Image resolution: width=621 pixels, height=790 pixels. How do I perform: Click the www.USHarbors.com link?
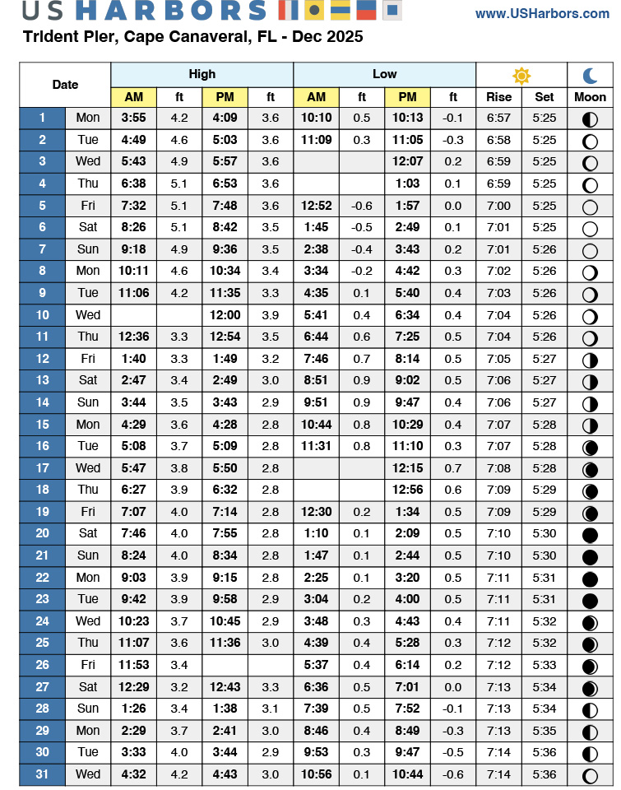pos(542,13)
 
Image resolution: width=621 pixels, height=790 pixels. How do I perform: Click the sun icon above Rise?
pos(521,76)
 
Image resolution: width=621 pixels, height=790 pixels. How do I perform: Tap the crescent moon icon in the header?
pos(591,76)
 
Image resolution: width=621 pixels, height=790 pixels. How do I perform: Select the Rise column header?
pos(498,97)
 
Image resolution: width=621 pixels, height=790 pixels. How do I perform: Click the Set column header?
pos(545,97)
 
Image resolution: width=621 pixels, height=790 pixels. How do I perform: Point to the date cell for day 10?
pos(42,314)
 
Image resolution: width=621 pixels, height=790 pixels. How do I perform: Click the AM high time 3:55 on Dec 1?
pos(133,118)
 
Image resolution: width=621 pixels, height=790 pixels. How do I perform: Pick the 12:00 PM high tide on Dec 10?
pos(225,314)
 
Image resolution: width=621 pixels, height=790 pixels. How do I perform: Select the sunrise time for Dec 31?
pos(498,774)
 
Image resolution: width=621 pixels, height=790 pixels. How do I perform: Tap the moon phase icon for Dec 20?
pos(590,533)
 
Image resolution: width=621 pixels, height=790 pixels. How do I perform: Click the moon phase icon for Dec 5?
pos(590,206)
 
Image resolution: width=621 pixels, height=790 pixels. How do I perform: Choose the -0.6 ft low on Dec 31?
pos(453,774)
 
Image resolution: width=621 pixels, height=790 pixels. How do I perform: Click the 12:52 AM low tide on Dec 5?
pos(316,206)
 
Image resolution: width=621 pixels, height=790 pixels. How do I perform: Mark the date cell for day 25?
pos(42,643)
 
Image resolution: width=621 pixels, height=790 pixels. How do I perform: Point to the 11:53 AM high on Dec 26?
pos(133,664)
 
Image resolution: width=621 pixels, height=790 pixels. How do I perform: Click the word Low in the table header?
pos(384,74)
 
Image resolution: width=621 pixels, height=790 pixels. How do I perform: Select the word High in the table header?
pos(202,74)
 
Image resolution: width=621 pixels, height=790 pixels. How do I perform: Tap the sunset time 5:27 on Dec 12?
pos(545,359)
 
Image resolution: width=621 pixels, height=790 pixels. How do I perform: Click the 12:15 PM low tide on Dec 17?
pos(407,467)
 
